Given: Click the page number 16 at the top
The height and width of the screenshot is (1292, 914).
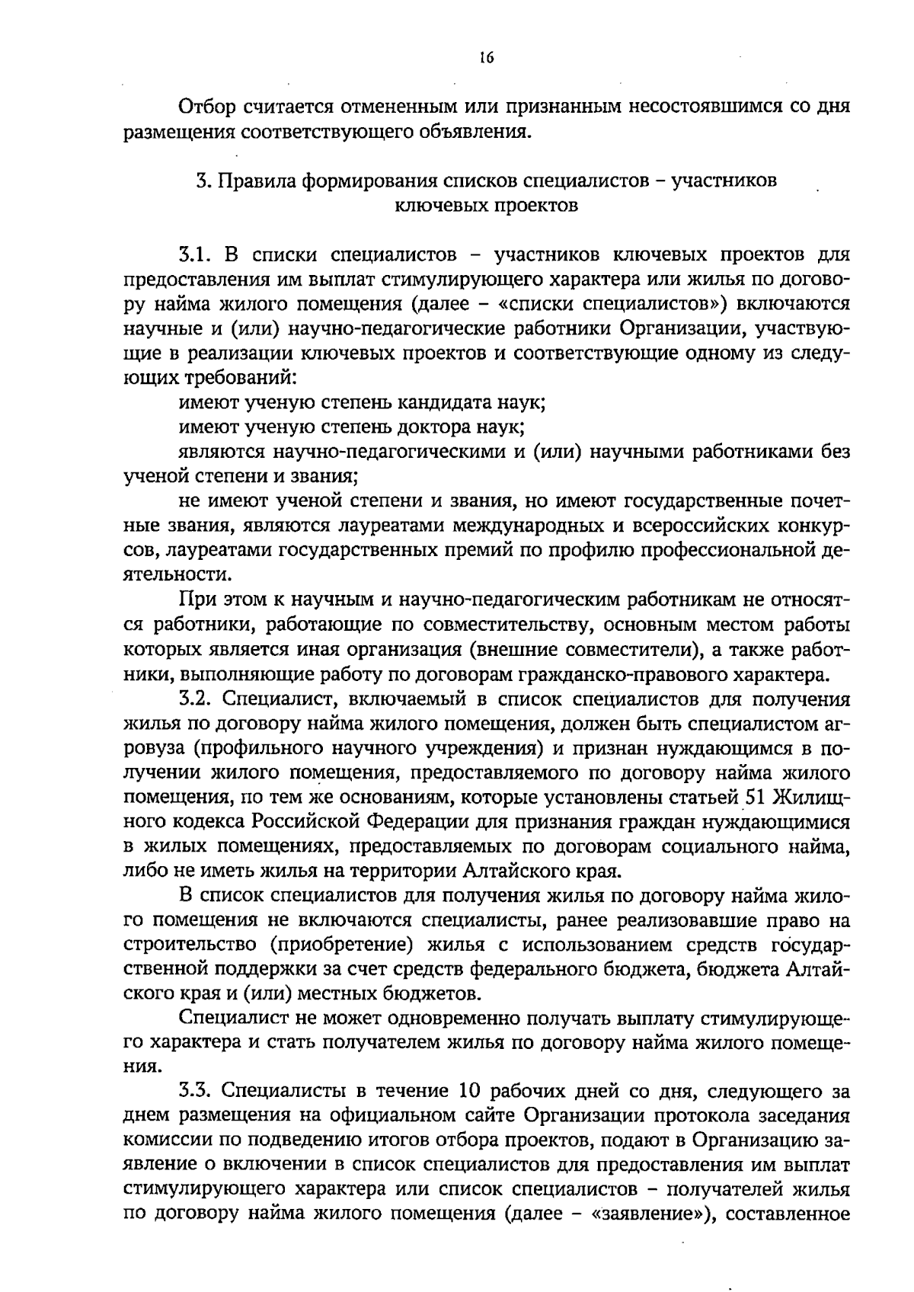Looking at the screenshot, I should pos(487,58).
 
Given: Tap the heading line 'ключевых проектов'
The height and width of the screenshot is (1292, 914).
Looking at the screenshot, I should pos(487,206).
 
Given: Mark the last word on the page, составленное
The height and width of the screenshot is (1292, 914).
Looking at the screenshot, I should pos(788,1214).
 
